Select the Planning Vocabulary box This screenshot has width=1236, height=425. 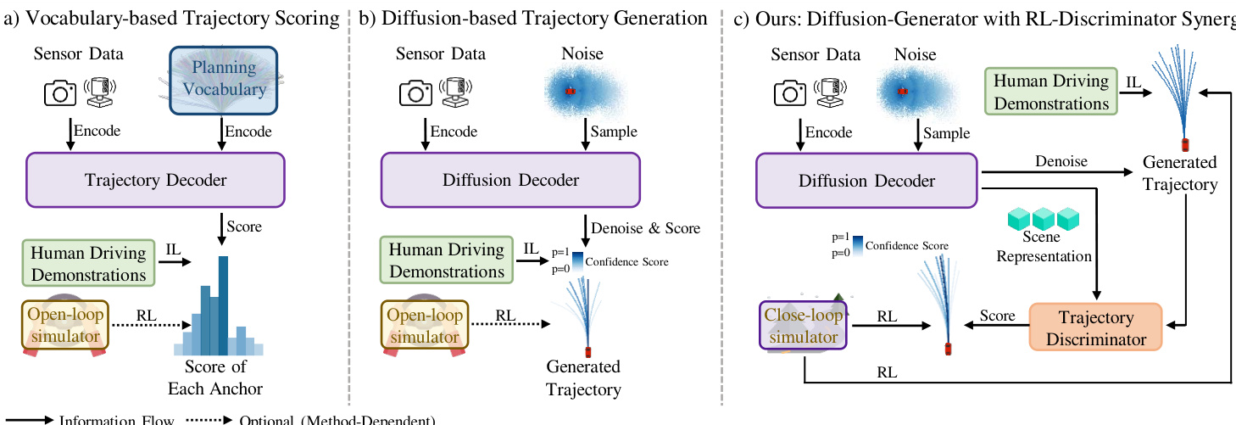pyautogui.click(x=223, y=78)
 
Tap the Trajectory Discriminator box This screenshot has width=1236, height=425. pyautogui.click(x=1095, y=328)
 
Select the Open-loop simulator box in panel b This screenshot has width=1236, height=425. pyautogui.click(x=425, y=326)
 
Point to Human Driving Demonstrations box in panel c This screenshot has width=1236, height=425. pyautogui.click(x=1050, y=92)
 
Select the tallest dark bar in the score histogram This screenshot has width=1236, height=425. pyautogui.click(x=224, y=305)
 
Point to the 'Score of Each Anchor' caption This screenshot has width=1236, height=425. pyautogui.click(x=216, y=378)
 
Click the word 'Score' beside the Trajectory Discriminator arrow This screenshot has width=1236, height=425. pyautogui.click(x=997, y=316)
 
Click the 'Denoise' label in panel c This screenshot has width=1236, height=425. pyautogui.click(x=1060, y=162)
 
